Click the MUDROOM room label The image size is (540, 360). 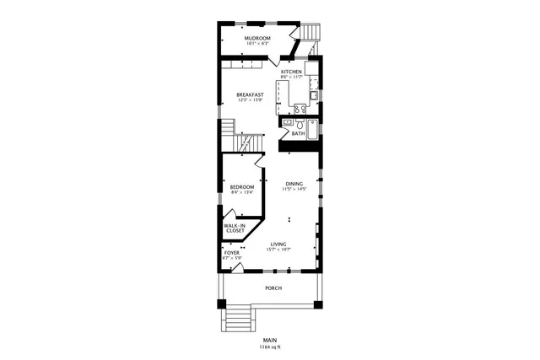(x=257, y=38)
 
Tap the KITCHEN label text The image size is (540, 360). (x=291, y=72)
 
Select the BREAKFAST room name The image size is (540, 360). (x=250, y=94)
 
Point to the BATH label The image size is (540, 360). (x=298, y=133)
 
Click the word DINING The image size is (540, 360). (x=294, y=184)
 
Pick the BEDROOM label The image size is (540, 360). (x=241, y=186)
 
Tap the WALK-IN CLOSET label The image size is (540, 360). (x=235, y=228)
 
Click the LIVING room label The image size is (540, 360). (x=278, y=244)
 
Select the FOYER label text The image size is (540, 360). (x=231, y=252)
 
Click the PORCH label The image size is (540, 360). (x=273, y=288)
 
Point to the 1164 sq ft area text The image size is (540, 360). (x=270, y=347)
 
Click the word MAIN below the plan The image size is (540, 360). (x=270, y=340)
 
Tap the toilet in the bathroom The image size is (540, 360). (x=288, y=123)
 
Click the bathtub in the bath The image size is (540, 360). (x=312, y=129)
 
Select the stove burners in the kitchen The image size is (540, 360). (x=300, y=108)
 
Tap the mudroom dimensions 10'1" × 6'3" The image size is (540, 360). (x=257, y=44)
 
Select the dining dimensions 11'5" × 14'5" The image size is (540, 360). (x=294, y=190)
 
